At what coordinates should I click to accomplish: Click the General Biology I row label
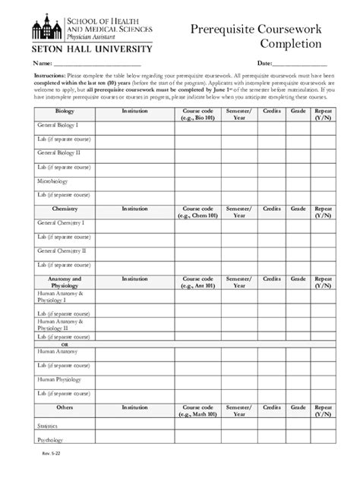pyautogui.click(x=58, y=125)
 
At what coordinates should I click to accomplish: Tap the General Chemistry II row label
pyautogui.click(x=62, y=250)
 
